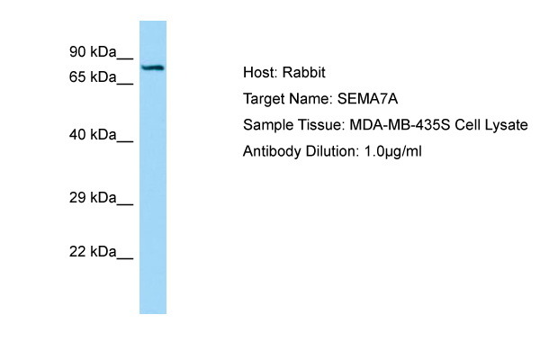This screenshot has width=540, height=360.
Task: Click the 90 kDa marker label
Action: point(93,51)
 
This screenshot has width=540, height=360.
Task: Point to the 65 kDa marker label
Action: point(93,76)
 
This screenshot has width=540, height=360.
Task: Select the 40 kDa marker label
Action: point(93,134)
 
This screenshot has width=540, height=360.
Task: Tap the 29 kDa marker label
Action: point(93,198)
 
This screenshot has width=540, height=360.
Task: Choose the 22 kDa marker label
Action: point(93,252)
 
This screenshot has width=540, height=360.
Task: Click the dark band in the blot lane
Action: point(153,67)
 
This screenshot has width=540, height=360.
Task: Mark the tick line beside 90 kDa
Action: point(125,58)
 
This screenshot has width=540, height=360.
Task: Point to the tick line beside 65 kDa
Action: point(125,84)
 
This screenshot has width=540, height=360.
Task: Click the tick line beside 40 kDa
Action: point(125,141)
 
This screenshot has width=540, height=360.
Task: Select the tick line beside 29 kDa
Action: point(125,205)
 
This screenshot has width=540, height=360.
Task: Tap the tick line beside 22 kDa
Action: point(125,258)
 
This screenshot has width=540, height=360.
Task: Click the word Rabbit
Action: point(304,72)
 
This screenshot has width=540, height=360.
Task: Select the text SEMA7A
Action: point(367,99)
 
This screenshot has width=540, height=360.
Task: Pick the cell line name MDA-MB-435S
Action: point(400,125)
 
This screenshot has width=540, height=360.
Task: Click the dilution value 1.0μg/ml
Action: point(392,151)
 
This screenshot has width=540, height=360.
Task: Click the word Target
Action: point(264,100)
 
